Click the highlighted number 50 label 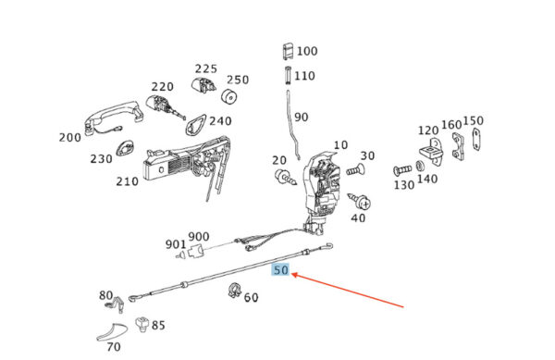pyautogui.click(x=281, y=269)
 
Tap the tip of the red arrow pyautogui.click(x=292, y=274)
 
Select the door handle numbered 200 pyautogui.click(x=113, y=116)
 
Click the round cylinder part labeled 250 pyautogui.click(x=229, y=96)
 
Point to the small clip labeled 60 pyautogui.click(x=234, y=291)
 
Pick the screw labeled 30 pyautogui.click(x=356, y=170)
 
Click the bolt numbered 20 pyautogui.click(x=285, y=178)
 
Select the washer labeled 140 pyautogui.click(x=421, y=167)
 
